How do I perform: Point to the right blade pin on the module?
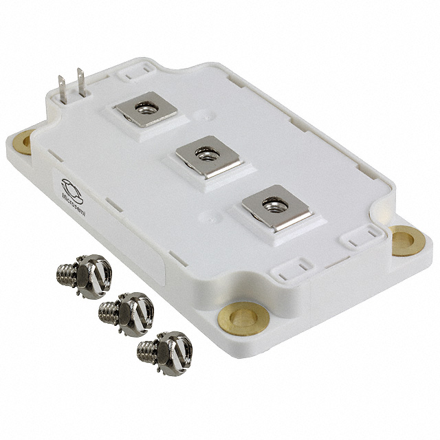pos(81,83)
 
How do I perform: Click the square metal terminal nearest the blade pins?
pos(145,107)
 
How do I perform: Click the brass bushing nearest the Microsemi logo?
pos(25,142)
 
